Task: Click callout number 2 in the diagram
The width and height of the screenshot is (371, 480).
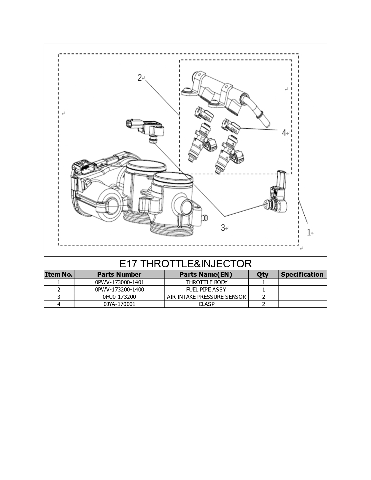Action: (x=140, y=78)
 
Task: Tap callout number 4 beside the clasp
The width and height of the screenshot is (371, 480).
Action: (x=284, y=133)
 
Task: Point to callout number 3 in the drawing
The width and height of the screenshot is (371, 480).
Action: (x=223, y=227)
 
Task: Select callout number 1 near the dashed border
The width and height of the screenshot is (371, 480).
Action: (x=309, y=232)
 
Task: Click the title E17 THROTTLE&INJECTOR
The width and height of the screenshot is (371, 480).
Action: (x=185, y=264)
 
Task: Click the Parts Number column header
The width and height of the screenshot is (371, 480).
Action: (x=119, y=274)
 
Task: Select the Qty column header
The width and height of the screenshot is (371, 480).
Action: (x=262, y=275)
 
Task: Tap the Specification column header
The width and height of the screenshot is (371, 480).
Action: (x=302, y=274)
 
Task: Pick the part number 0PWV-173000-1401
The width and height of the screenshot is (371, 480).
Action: (x=119, y=282)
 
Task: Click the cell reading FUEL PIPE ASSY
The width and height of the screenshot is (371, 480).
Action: (x=206, y=289)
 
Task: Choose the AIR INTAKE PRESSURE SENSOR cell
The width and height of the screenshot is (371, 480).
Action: (x=206, y=297)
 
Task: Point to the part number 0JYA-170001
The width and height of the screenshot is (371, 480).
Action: (x=119, y=304)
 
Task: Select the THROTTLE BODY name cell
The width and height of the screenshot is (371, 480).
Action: (x=206, y=282)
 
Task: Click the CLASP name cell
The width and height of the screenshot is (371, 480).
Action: (x=206, y=304)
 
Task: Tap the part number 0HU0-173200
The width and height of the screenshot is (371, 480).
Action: (x=119, y=297)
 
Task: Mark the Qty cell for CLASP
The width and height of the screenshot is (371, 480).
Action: (x=263, y=304)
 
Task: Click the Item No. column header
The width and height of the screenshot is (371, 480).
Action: (x=59, y=274)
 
